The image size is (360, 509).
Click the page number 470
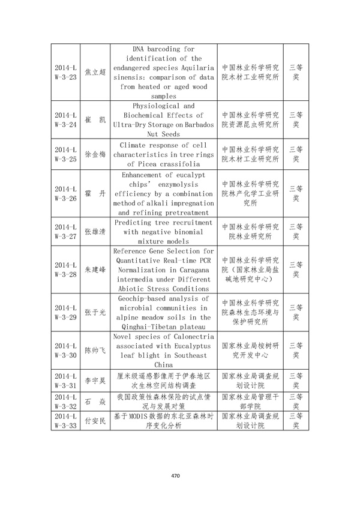175,476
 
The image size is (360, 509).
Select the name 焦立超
95,72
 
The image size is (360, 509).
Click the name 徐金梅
95,154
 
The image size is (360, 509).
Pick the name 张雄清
95,232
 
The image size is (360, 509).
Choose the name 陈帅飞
95,350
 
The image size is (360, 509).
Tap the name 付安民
95,420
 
